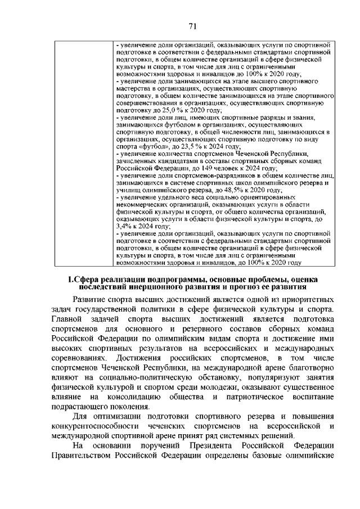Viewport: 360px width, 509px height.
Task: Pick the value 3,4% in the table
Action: [x=123, y=225]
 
